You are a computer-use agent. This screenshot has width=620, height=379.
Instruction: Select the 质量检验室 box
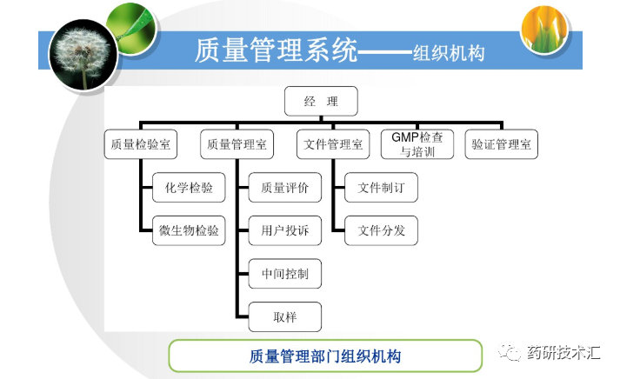[140, 144]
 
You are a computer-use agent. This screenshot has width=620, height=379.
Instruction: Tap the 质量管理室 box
[237, 144]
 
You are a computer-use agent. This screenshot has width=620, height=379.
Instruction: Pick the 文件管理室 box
[333, 144]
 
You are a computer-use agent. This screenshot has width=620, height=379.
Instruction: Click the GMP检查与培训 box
[417, 144]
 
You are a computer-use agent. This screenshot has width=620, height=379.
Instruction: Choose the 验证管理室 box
[501, 144]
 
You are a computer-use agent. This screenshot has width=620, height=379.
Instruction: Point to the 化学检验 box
[188, 187]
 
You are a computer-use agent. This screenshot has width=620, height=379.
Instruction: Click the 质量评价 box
[284, 187]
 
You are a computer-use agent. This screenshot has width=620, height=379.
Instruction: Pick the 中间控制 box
[284, 274]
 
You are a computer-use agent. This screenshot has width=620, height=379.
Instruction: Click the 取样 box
[284, 316]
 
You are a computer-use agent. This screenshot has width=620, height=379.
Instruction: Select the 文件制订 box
[381, 187]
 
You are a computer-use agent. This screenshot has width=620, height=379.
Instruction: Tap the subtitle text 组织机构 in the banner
[449, 53]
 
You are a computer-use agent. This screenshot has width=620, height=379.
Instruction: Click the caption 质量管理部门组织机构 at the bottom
[324, 356]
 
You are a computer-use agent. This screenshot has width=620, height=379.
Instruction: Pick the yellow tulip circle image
[544, 30]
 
